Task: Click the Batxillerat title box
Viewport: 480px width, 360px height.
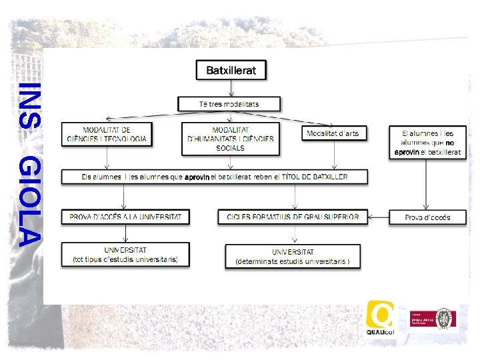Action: coord(231,70)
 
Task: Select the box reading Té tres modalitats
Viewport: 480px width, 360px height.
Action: coord(229,104)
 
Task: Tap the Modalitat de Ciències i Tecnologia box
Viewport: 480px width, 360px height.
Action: coord(107,134)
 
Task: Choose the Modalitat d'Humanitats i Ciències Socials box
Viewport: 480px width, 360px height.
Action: coord(230,139)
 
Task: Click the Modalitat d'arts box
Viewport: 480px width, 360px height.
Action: coord(333,133)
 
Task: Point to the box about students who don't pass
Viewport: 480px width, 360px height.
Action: coord(427,143)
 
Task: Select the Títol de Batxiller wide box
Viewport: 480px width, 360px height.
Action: coord(214,177)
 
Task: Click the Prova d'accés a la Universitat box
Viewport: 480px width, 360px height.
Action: coord(125,217)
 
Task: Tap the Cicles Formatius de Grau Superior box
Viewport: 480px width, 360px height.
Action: coord(293,217)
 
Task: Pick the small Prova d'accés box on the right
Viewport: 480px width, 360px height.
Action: coord(427,217)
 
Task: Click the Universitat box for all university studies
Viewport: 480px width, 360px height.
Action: coord(125,255)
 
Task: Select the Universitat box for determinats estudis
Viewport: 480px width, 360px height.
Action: coord(293,257)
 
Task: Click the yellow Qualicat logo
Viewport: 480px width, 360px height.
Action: coord(380,319)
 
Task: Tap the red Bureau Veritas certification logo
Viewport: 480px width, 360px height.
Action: coord(433,320)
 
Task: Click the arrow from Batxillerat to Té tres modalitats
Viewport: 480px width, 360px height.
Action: coord(231,87)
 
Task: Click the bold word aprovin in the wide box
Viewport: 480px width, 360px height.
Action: coord(197,177)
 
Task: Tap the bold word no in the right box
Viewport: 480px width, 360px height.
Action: coord(450,143)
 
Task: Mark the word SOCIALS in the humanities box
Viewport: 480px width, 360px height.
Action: coord(230,148)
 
